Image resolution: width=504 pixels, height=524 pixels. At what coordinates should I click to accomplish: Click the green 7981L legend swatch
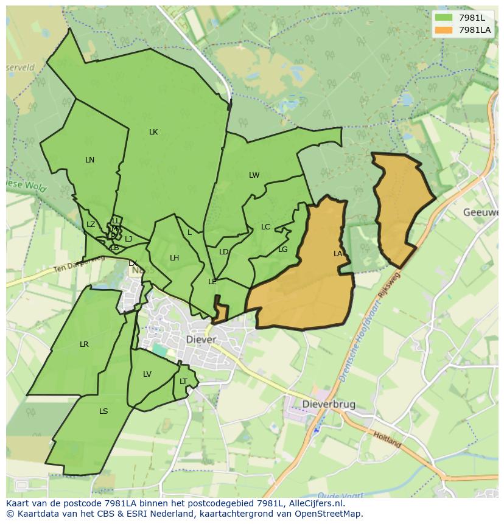(444, 18)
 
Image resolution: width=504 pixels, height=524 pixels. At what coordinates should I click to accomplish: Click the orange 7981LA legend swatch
(444, 30)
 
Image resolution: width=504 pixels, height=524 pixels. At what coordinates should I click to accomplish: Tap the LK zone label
(153, 132)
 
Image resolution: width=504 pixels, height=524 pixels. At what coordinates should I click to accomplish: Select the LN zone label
(89, 160)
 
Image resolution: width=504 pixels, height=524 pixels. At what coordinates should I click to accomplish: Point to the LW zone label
(254, 175)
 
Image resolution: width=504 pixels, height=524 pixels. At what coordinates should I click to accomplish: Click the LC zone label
(265, 227)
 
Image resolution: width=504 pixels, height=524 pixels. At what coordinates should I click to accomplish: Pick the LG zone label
(282, 250)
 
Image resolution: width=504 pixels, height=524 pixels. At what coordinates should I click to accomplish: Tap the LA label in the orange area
(338, 254)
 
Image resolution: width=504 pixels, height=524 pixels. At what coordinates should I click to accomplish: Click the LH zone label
(174, 258)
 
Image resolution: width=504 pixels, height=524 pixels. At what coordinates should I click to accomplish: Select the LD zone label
(223, 252)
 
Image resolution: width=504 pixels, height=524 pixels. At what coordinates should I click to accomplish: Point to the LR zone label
(84, 344)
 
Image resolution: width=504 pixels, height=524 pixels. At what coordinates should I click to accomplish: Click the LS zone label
(103, 411)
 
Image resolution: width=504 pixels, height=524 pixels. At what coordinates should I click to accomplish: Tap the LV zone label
(147, 374)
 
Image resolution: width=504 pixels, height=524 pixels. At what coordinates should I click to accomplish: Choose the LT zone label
(183, 382)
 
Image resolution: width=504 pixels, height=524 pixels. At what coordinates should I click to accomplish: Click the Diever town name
(201, 340)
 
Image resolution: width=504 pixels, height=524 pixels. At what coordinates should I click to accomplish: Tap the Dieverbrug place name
(329, 404)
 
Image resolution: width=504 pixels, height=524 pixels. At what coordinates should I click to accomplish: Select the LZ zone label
(91, 225)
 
